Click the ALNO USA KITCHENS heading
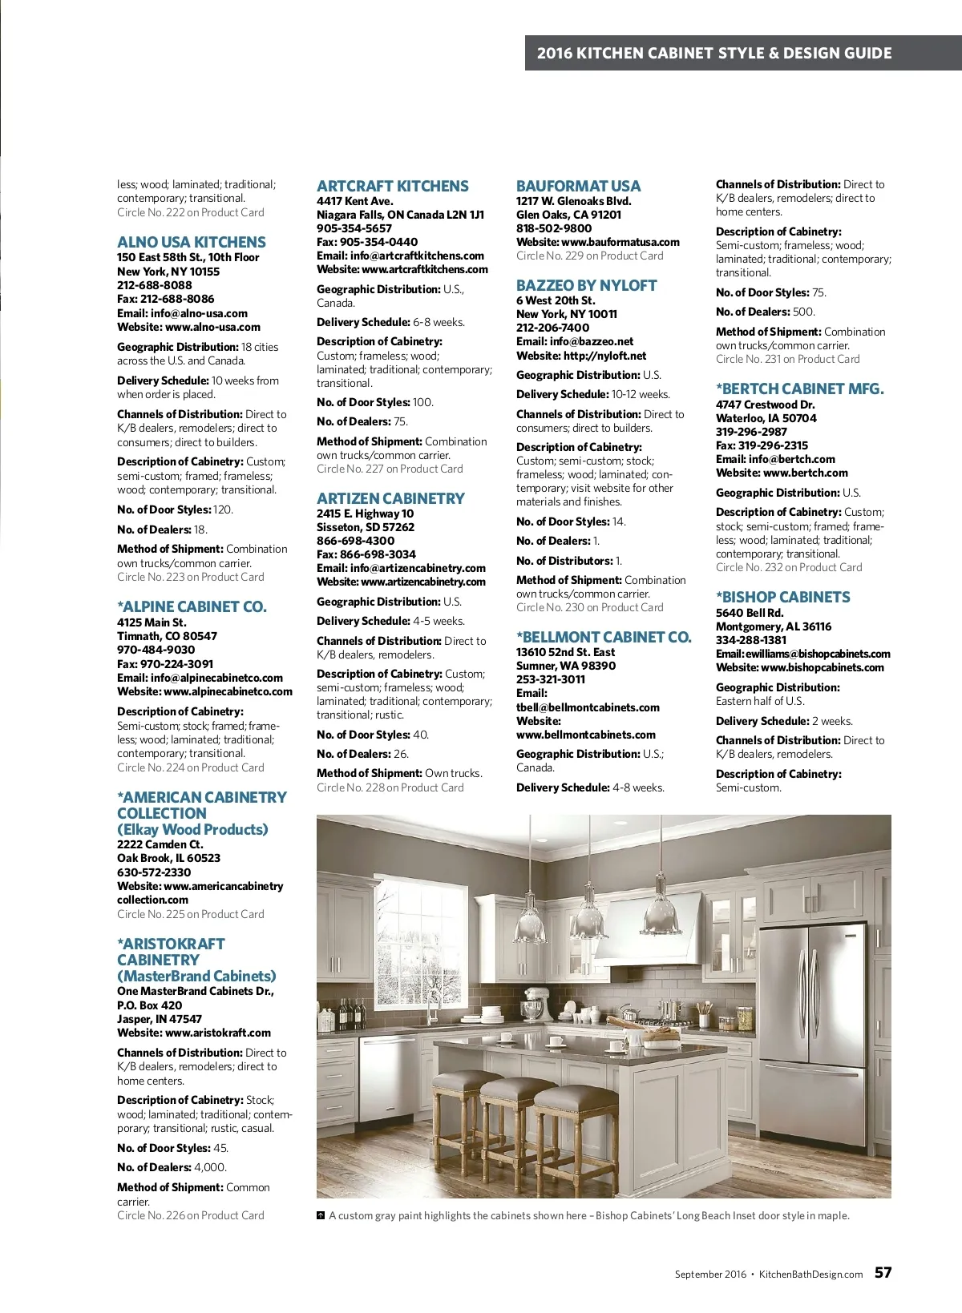point(191,242)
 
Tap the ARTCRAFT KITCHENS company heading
point(392,186)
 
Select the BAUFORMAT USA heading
point(578,186)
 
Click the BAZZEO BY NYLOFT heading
point(586,285)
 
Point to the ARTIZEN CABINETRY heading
point(390,498)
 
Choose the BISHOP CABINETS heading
point(782,597)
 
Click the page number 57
point(883,1272)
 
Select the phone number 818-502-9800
point(554,228)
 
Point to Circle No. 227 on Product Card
point(390,469)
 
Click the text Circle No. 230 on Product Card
point(589,607)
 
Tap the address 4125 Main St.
point(152,622)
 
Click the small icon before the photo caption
point(321,1215)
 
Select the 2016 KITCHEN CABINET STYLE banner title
point(713,53)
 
